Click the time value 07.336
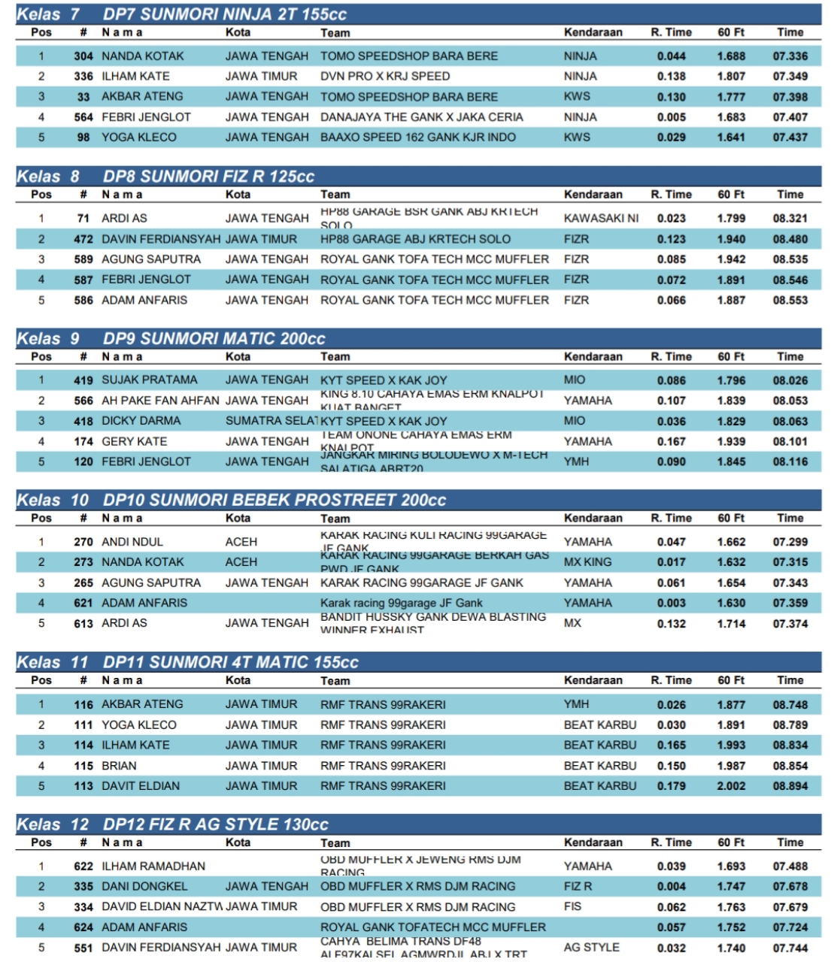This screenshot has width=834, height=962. click(x=790, y=56)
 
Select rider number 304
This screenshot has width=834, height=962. click(x=83, y=56)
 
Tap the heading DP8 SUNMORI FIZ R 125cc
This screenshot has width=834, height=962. click(x=208, y=177)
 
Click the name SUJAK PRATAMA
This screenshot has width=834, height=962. click(x=150, y=380)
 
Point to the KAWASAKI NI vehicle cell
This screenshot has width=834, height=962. click(x=601, y=218)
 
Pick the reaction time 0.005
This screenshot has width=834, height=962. click(x=671, y=117)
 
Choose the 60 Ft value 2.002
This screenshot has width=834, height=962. click(x=731, y=786)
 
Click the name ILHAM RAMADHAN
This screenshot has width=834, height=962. click(x=153, y=866)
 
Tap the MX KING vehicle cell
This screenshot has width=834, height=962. click(x=587, y=562)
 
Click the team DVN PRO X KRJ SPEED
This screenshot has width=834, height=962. click(x=385, y=76)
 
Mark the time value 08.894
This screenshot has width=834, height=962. click(x=790, y=786)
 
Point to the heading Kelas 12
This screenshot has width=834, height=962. click(x=53, y=824)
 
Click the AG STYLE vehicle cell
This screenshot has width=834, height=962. click(x=591, y=948)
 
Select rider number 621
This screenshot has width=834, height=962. click(x=83, y=603)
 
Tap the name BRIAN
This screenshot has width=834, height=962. click(x=119, y=766)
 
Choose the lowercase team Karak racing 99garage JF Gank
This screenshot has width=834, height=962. click(x=402, y=603)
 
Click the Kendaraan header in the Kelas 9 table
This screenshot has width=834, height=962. click(x=593, y=357)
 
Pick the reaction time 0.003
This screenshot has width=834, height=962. click(x=671, y=603)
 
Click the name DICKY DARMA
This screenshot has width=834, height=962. click(x=141, y=421)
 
